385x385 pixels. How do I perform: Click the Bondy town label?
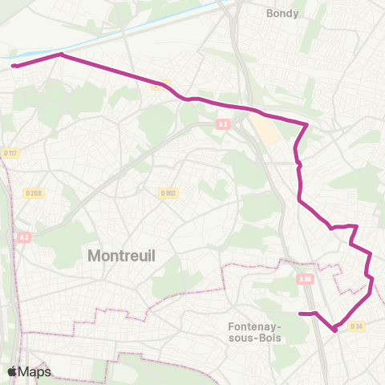[282, 14]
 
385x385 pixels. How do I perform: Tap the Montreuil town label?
[120, 256]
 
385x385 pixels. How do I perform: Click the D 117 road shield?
[10, 153]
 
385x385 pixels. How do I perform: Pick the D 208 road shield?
[33, 192]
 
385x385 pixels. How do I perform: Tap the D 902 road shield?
[168, 192]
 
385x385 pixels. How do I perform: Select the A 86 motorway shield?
[304, 279]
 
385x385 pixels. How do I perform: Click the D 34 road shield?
[357, 326]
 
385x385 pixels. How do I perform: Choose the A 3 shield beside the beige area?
[224, 124]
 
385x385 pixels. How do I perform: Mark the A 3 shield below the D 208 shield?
[24, 237]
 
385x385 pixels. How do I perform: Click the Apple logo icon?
[13, 372]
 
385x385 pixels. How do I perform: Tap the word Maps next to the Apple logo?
[35, 372]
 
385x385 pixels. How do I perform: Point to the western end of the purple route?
[13, 67]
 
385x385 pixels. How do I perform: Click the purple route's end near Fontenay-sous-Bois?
[299, 314]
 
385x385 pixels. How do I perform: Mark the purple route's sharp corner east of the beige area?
[307, 124]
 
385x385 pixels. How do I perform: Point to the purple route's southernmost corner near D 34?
[334, 330]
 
